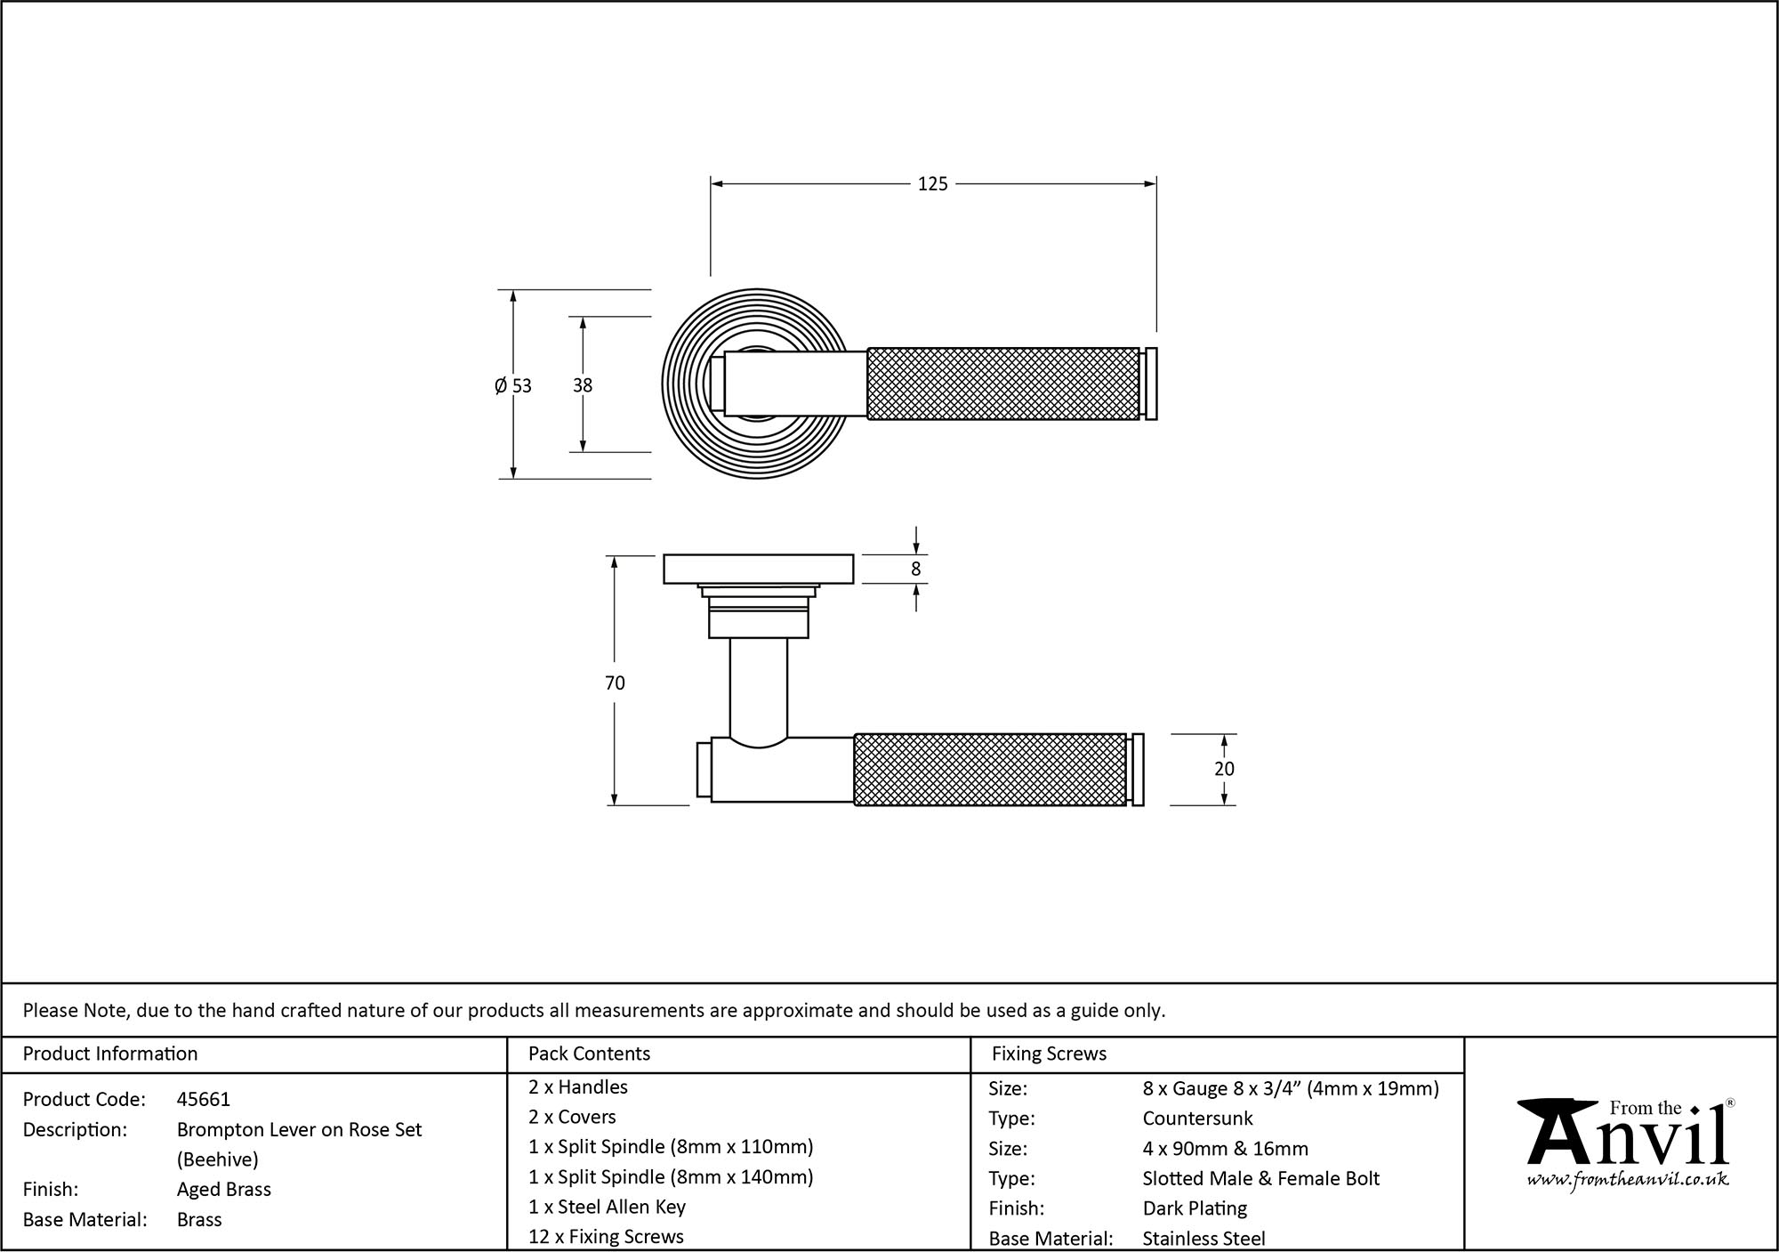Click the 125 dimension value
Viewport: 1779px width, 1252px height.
click(932, 184)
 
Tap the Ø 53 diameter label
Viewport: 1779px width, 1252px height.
click(513, 385)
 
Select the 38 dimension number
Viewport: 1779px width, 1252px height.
click(583, 385)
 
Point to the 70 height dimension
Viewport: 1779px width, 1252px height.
click(615, 683)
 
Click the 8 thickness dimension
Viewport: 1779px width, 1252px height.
click(916, 569)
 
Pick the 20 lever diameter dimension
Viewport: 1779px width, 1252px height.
click(1224, 769)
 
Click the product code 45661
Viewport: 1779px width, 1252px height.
click(204, 1099)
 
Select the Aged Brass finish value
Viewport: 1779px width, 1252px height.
click(224, 1189)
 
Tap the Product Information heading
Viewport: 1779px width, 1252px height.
click(110, 1054)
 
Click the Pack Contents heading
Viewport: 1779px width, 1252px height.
click(589, 1054)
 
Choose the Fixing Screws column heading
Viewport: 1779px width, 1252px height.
click(1049, 1054)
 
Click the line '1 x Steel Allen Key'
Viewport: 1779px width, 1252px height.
click(607, 1207)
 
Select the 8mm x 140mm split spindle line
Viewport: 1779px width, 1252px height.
click(671, 1176)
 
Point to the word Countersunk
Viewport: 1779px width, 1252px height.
click(1197, 1119)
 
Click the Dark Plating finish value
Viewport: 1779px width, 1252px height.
click(1195, 1208)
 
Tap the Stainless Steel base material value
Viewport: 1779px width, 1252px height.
click(1203, 1238)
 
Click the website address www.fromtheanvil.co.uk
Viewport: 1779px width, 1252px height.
click(1628, 1180)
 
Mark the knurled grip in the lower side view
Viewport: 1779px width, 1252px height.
click(990, 770)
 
